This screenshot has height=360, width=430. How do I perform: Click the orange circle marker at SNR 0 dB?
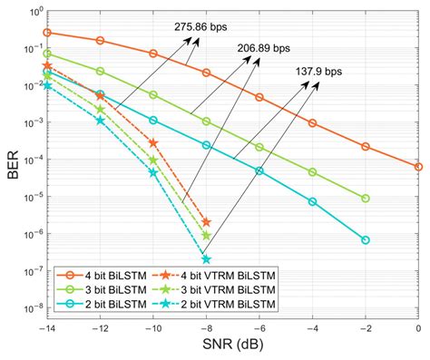point(418,167)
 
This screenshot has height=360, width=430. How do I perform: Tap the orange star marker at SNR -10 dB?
point(153,143)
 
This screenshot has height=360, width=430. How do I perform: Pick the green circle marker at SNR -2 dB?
point(366,198)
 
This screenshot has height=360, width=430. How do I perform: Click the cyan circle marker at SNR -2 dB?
point(366,240)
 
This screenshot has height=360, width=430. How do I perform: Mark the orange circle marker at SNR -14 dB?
point(47,33)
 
